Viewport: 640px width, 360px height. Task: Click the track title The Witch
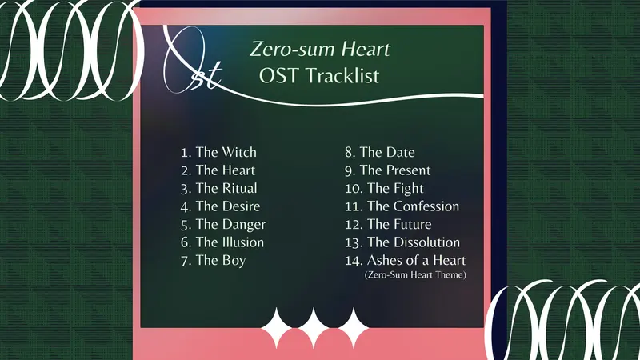click(x=226, y=152)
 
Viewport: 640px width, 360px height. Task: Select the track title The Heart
click(x=226, y=170)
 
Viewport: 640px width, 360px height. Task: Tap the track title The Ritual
click(x=226, y=188)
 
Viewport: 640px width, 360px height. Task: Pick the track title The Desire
click(x=228, y=206)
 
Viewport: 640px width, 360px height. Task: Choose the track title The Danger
click(x=230, y=225)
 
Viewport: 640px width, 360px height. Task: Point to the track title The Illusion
click(x=230, y=242)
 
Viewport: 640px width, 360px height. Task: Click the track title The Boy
click(x=221, y=261)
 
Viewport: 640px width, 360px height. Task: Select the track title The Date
click(x=387, y=152)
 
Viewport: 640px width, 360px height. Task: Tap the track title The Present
click(x=395, y=170)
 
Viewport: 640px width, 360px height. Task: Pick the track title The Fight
click(x=395, y=189)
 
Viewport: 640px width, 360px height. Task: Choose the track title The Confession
click(x=413, y=206)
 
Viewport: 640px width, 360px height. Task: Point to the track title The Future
click(x=399, y=224)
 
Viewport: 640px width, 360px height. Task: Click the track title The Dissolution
click(x=414, y=242)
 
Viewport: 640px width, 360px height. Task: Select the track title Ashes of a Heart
click(x=416, y=260)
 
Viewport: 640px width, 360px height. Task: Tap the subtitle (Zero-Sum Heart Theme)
click(x=415, y=274)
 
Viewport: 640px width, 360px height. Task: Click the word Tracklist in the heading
click(x=342, y=76)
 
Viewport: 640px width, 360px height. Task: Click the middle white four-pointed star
click(x=314, y=327)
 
